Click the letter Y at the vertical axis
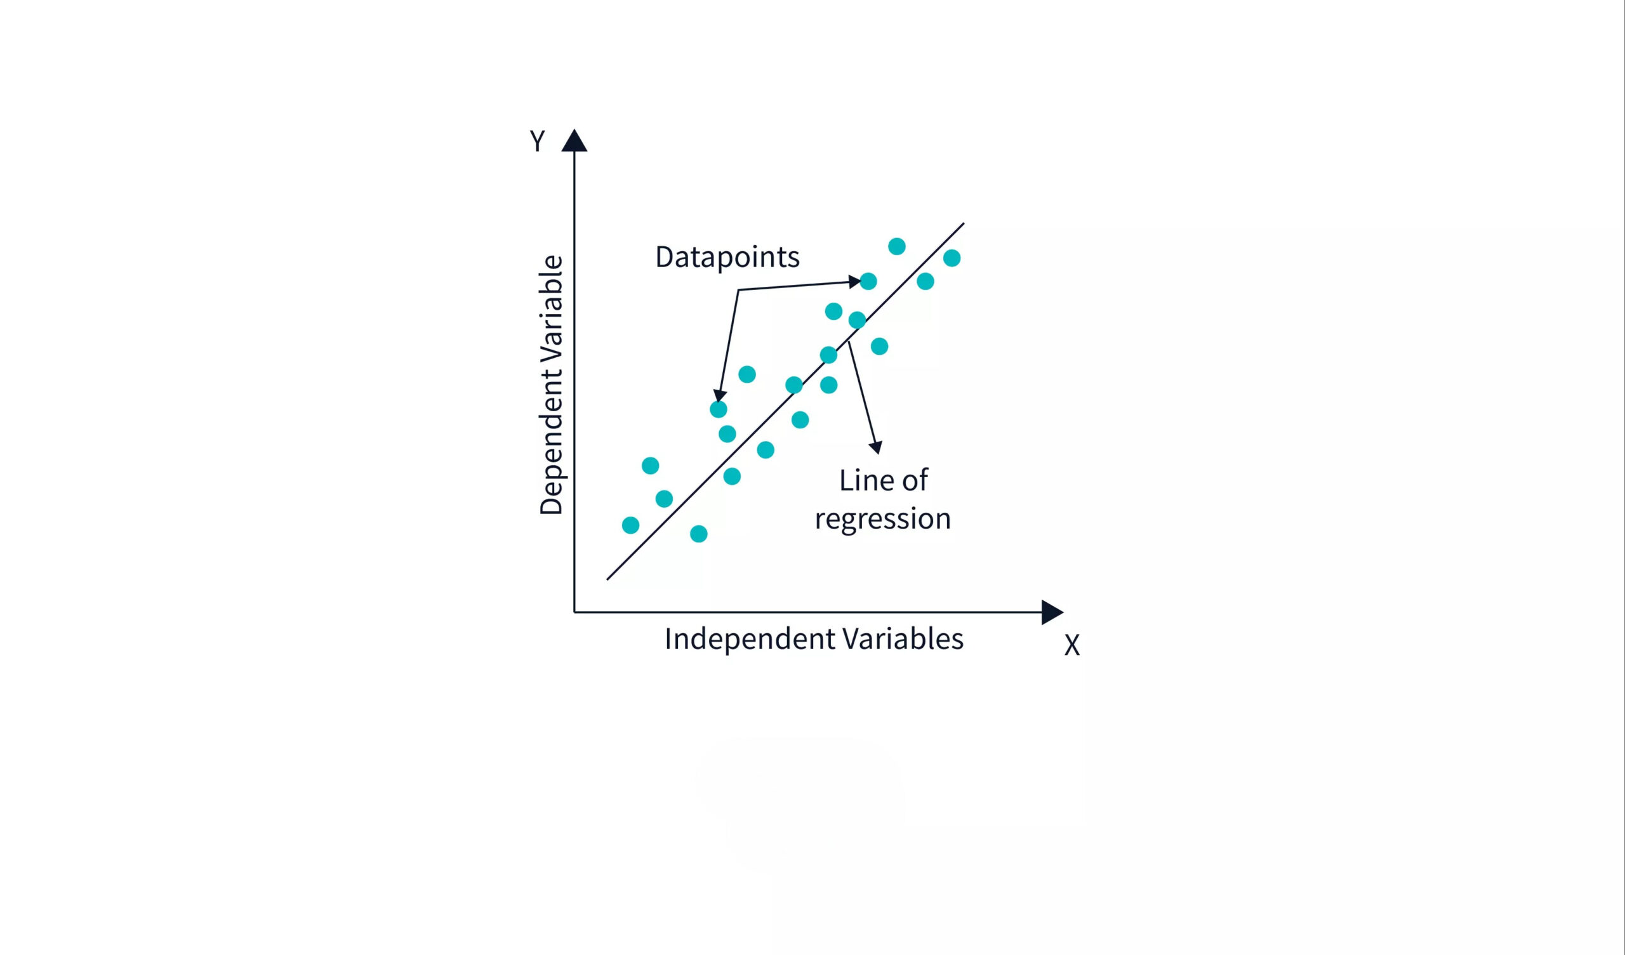click(x=537, y=141)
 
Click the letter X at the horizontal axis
click(x=1071, y=644)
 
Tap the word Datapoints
click(x=727, y=256)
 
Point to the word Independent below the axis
click(x=750, y=640)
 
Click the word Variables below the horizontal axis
click(x=903, y=638)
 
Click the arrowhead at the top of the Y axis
click(x=574, y=141)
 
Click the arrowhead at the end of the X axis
click(x=1052, y=612)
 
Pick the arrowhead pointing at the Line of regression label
click(x=876, y=447)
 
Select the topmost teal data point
click(x=896, y=246)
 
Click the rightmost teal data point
click(x=952, y=258)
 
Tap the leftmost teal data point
click(x=631, y=525)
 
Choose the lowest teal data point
click(x=698, y=534)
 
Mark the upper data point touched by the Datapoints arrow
click(x=868, y=281)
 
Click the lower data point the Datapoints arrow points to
click(x=719, y=409)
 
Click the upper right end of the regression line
click(x=964, y=223)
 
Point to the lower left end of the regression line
click(x=607, y=580)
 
